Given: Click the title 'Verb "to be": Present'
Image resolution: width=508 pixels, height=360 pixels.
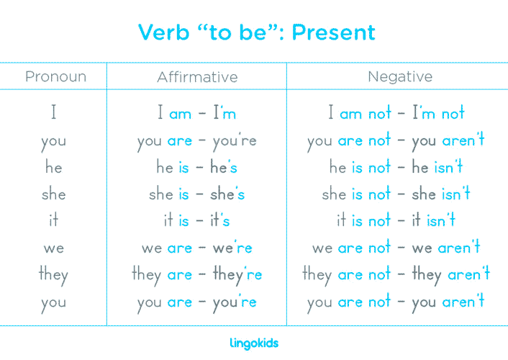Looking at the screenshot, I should click(256, 32).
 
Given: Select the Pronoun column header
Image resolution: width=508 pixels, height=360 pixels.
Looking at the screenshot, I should click(55, 76).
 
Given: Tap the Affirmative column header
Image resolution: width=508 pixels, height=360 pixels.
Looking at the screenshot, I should click(197, 76).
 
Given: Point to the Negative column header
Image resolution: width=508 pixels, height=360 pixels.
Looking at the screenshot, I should click(400, 76).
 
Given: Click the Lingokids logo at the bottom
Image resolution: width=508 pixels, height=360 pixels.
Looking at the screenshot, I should click(254, 343).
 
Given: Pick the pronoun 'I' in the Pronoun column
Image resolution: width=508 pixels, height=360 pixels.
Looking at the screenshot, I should click(53, 114).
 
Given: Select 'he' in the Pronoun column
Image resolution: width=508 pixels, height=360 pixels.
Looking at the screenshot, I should click(53, 167).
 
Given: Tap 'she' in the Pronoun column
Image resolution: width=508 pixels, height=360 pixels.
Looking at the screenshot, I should click(53, 194).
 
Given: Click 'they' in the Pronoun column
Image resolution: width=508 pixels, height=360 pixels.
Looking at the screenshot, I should click(53, 275).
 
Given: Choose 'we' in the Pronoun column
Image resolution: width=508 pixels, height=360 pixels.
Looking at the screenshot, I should click(53, 248).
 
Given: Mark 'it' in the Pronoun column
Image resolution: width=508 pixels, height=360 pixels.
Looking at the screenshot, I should click(53, 220).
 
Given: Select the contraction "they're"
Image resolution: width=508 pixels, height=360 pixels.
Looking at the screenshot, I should click(237, 274).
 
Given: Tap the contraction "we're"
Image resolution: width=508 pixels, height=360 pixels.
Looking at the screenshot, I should click(232, 248).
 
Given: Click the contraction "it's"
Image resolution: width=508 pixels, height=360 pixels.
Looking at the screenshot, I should click(219, 220).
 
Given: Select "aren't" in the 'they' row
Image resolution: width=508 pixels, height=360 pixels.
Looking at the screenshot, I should click(468, 274).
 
